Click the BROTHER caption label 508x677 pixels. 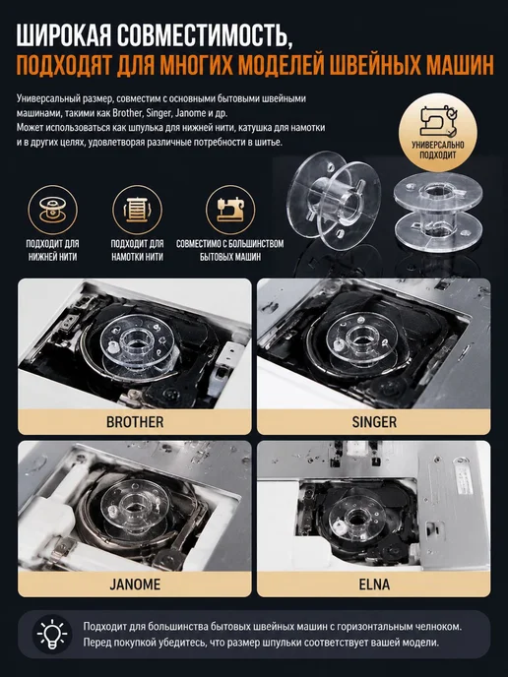[135, 422]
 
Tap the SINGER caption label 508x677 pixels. [374, 422]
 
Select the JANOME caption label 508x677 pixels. [135, 585]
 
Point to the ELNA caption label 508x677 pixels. [374, 585]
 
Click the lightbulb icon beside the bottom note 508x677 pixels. [52, 634]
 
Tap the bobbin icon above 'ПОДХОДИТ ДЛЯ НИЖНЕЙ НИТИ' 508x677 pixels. [53, 210]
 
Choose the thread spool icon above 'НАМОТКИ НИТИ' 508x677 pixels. [138, 210]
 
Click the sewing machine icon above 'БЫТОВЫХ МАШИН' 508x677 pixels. [230, 210]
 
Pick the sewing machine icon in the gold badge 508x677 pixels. [438, 122]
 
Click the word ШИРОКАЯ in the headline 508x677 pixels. [64, 35]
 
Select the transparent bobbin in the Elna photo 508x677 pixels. [356, 519]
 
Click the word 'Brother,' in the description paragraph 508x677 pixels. [127, 113]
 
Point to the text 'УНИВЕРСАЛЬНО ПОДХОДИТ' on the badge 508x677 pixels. [438, 150]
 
